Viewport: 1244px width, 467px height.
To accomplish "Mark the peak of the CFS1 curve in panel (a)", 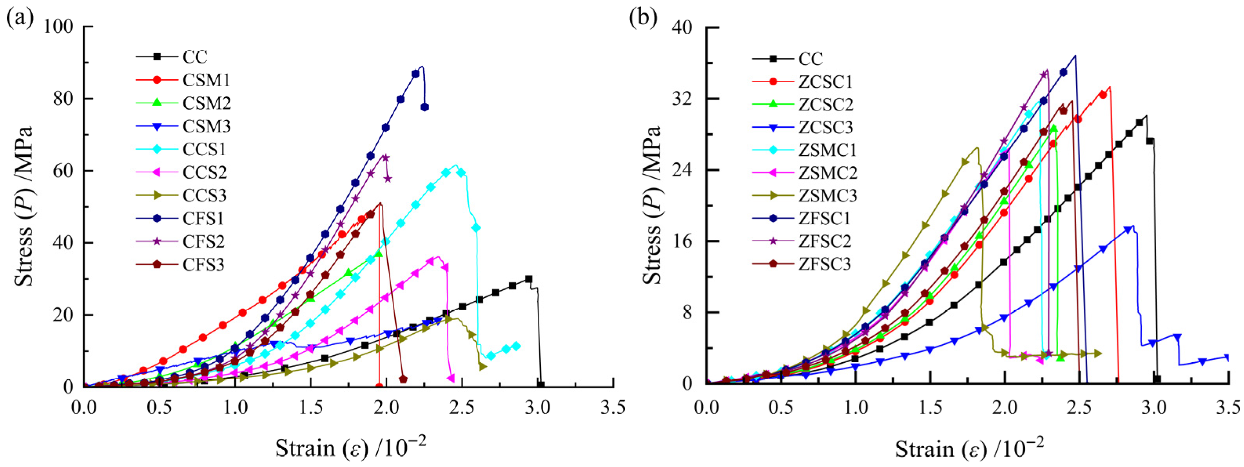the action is pos(422,66).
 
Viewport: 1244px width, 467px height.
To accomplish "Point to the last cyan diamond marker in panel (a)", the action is pos(516,346).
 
